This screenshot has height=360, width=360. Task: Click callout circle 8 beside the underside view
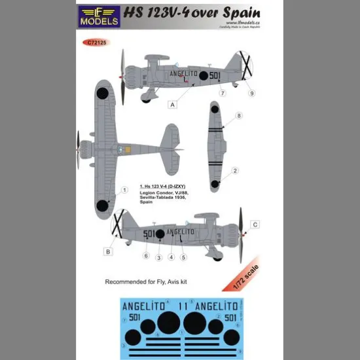tap(239, 116)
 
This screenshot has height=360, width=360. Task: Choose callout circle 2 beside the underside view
tap(235, 170)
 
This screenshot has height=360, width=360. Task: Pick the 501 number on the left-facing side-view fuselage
tap(147, 232)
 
